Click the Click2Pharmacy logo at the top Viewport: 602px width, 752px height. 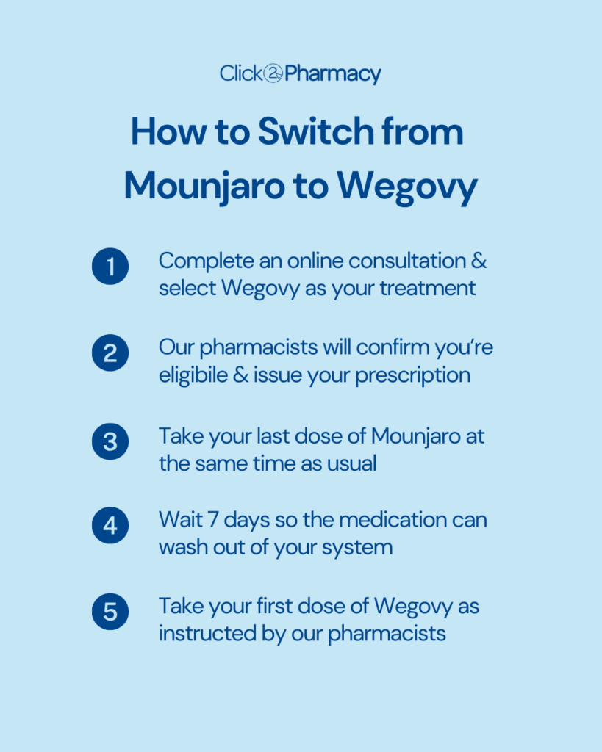301,74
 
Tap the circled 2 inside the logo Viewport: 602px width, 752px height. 273,74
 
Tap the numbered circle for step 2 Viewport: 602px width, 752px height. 110,354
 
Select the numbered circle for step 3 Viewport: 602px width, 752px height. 110,442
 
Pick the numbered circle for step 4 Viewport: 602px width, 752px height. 110,527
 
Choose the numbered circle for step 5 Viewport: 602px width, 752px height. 110,612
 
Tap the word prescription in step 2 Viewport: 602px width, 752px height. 412,375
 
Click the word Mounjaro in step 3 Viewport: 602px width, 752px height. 418,436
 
